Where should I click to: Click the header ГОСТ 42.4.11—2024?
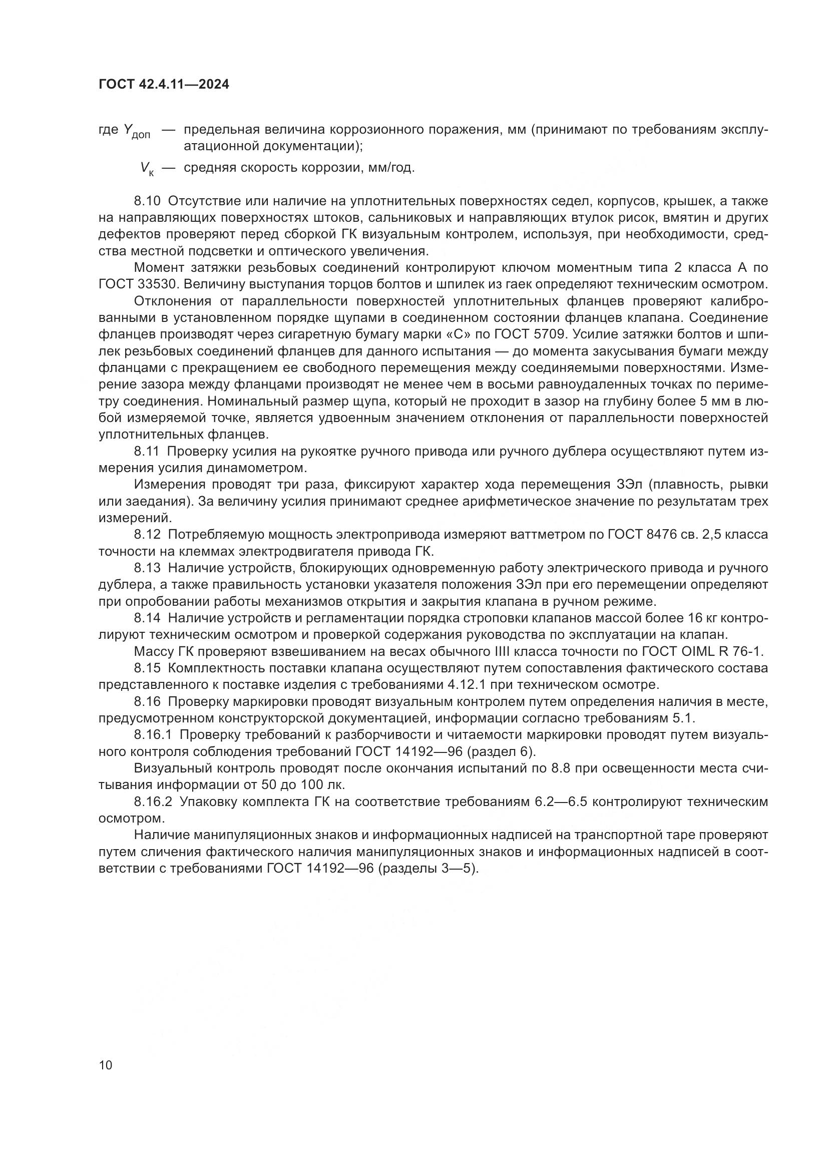pos(164,85)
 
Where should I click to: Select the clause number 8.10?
pos(148,201)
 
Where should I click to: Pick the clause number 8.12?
pos(148,535)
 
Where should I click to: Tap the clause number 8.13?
pos(148,568)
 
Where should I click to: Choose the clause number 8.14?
pos(148,619)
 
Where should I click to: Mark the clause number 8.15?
pos(148,669)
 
